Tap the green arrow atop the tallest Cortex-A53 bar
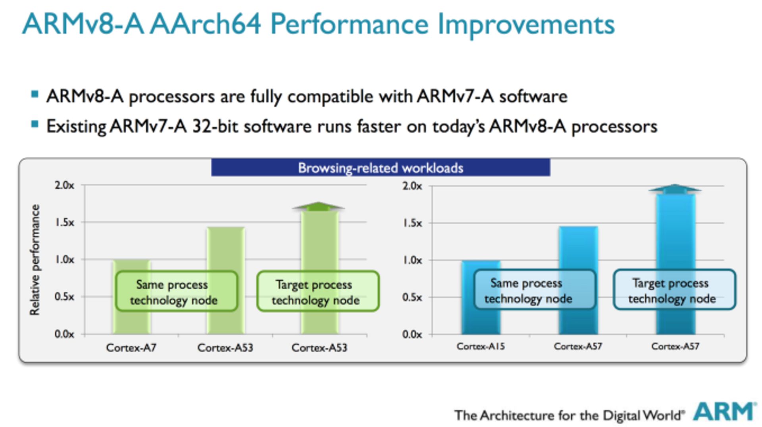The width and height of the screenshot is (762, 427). tap(318, 206)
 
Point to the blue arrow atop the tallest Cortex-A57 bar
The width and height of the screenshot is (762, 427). tap(675, 189)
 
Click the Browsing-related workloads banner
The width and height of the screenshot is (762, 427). tap(380, 167)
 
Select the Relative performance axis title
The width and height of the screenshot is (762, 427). tap(35, 260)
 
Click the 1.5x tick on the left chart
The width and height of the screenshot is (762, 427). tap(64, 222)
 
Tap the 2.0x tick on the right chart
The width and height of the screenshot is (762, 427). tap(412, 186)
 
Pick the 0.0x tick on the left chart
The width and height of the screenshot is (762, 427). tap(64, 334)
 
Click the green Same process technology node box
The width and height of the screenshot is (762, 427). tap(176, 291)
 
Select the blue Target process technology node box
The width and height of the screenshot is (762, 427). tap(674, 290)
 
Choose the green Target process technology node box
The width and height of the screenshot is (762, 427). tap(317, 291)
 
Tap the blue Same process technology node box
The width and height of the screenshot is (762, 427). tap(534, 290)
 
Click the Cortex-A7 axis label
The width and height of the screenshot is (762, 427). tap(131, 348)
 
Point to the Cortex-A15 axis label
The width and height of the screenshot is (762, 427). tap(481, 346)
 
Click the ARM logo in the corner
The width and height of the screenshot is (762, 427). tap(723, 412)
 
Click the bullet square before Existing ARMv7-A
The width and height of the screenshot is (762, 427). tap(35, 125)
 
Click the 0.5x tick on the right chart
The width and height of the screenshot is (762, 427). tap(412, 297)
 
